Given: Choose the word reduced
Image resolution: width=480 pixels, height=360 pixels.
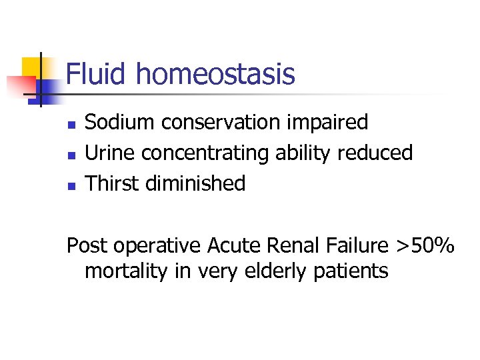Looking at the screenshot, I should (375, 153).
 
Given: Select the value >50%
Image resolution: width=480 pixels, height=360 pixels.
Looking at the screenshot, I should (425, 246).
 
